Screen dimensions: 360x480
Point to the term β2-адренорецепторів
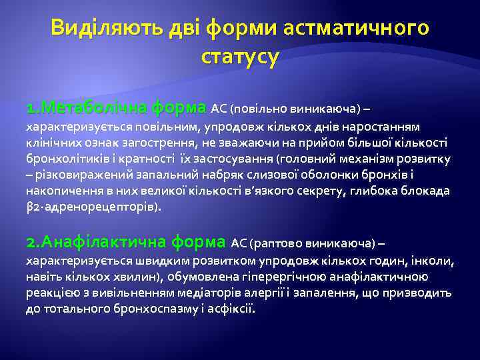pos(92,207)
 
